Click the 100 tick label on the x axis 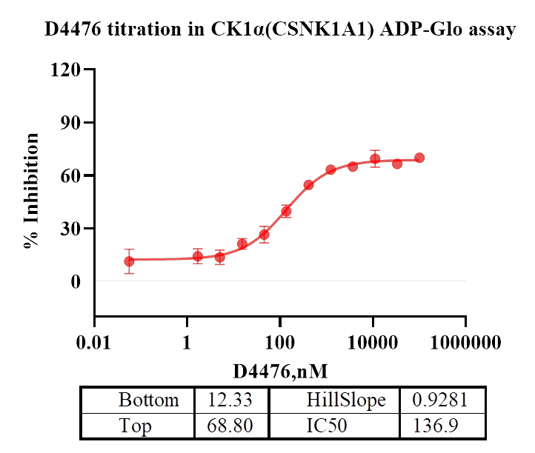[x=279, y=343]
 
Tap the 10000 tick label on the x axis [x=373, y=343]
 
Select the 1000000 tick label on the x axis [x=465, y=343]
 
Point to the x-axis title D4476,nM [x=280, y=369]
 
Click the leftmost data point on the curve [x=129, y=261]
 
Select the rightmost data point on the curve [x=419, y=158]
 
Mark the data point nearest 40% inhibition [x=286, y=211]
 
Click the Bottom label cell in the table [x=148, y=400]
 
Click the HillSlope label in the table [x=346, y=400]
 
